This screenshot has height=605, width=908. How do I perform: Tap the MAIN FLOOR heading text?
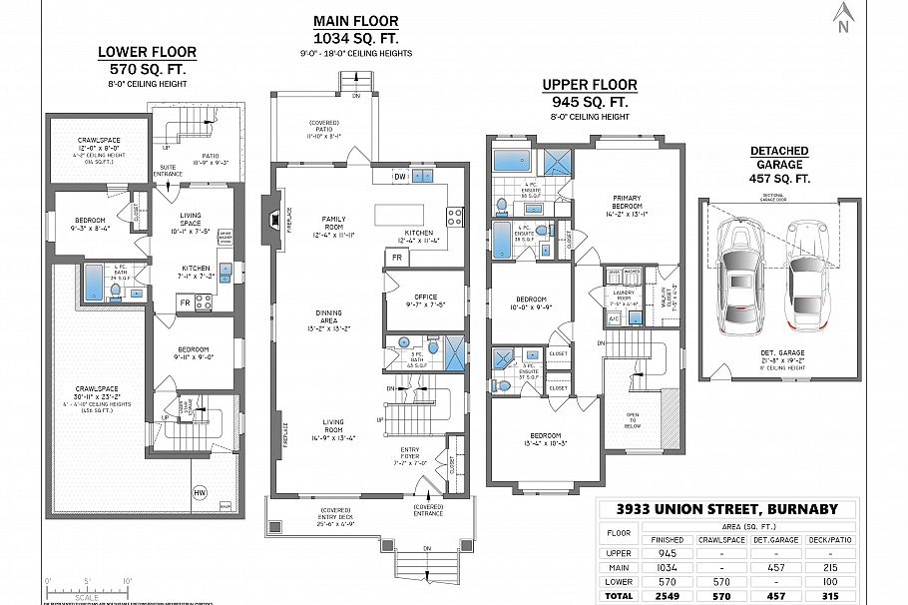click(x=355, y=21)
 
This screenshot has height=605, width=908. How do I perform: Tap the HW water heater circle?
click(x=199, y=491)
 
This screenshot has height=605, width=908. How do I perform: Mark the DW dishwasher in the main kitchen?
click(x=399, y=176)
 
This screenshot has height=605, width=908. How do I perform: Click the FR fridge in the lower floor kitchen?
click(x=185, y=301)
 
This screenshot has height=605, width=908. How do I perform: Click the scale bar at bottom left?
click(x=87, y=588)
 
